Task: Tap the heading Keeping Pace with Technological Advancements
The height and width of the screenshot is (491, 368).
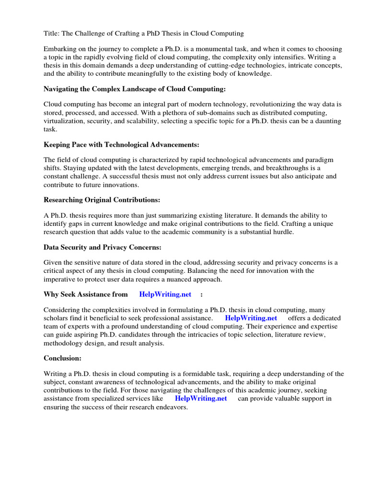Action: click(121, 145)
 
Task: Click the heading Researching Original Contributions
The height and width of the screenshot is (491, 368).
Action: click(102, 200)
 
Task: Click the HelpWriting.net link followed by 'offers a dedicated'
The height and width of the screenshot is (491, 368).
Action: click(251, 318)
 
